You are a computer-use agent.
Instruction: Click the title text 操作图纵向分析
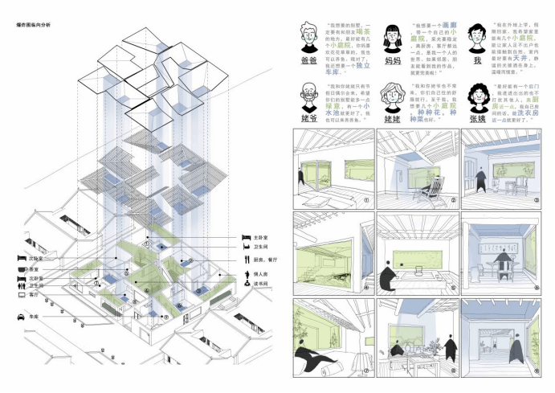click(x=32, y=26)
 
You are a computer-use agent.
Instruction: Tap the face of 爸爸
click(x=308, y=35)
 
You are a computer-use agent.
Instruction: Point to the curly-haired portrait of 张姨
click(x=480, y=98)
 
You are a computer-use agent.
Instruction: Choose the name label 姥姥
click(x=393, y=120)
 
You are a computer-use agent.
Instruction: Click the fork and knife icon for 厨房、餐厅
click(x=245, y=260)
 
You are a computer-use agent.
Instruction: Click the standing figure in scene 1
click(x=300, y=178)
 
